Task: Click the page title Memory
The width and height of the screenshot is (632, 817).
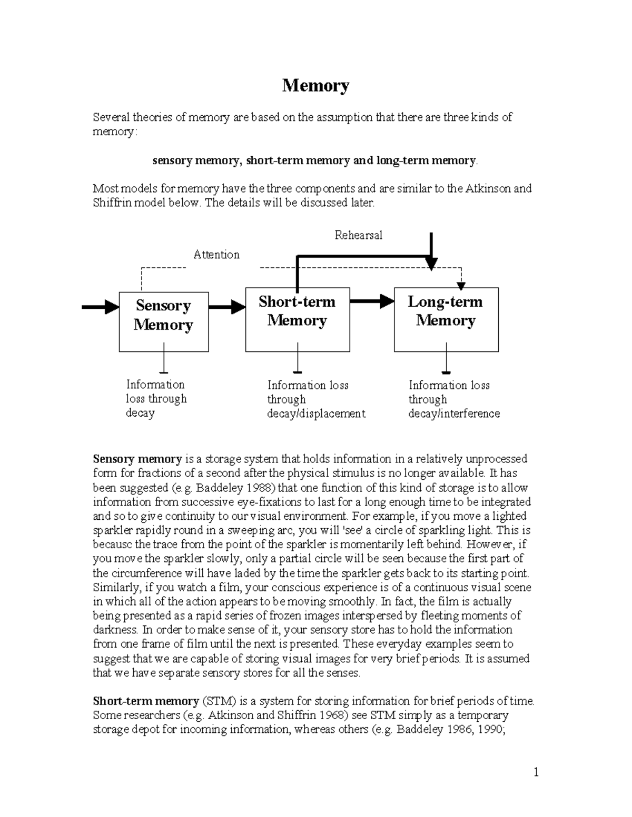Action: tap(315, 86)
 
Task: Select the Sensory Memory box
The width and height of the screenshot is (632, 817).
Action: tap(163, 321)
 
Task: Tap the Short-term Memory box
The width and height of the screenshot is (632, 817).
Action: tap(297, 319)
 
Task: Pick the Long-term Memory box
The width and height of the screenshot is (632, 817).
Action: tap(446, 319)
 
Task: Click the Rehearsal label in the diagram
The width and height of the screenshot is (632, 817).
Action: tap(358, 235)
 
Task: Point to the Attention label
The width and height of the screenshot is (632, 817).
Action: tap(216, 255)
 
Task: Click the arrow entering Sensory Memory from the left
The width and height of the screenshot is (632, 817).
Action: tap(100, 307)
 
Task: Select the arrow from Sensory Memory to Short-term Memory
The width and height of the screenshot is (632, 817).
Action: tap(227, 307)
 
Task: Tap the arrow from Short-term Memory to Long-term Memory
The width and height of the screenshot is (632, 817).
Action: tap(372, 301)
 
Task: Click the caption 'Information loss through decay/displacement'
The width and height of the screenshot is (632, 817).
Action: tap(315, 399)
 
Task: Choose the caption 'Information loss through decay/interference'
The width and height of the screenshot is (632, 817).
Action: tap(453, 399)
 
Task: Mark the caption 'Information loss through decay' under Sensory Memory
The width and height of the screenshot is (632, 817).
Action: tap(156, 399)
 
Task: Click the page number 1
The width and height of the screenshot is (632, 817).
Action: tap(536, 773)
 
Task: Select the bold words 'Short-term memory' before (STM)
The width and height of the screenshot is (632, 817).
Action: tap(145, 701)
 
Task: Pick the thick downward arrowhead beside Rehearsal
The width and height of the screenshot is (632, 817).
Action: tap(431, 260)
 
